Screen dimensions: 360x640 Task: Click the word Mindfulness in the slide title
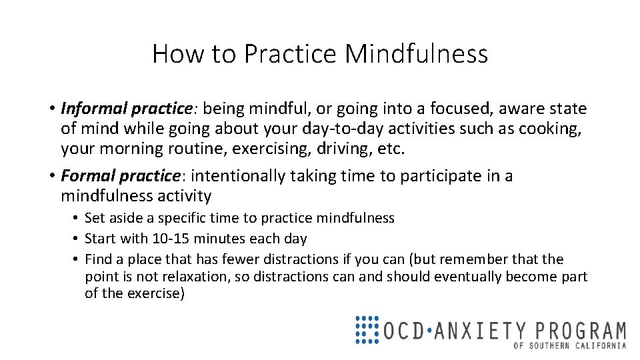coord(416,54)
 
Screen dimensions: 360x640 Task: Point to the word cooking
coord(555,128)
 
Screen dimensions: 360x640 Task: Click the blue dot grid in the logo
coord(367,329)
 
